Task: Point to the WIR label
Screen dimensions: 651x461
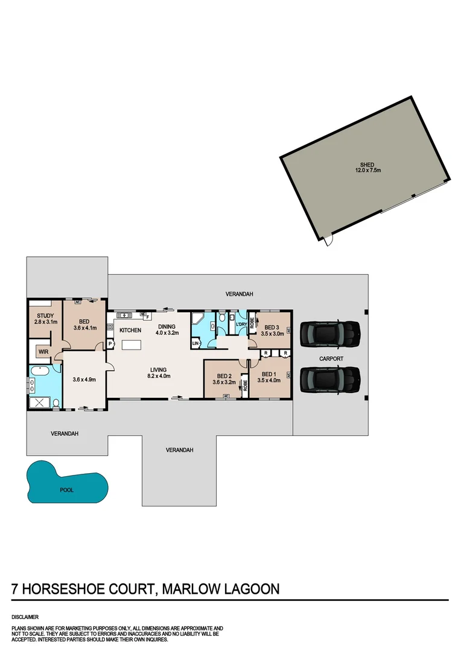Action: pyautogui.click(x=43, y=351)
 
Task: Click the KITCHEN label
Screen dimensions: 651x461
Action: pyautogui.click(x=130, y=330)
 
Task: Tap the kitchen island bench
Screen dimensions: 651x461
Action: pyautogui.click(x=132, y=345)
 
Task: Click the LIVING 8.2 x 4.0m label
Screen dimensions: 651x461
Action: pyautogui.click(x=159, y=373)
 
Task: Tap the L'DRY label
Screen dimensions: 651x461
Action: pyautogui.click(x=241, y=325)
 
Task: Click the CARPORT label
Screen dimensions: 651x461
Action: pyautogui.click(x=331, y=359)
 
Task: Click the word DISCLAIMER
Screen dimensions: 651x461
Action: pyautogui.click(x=25, y=617)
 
